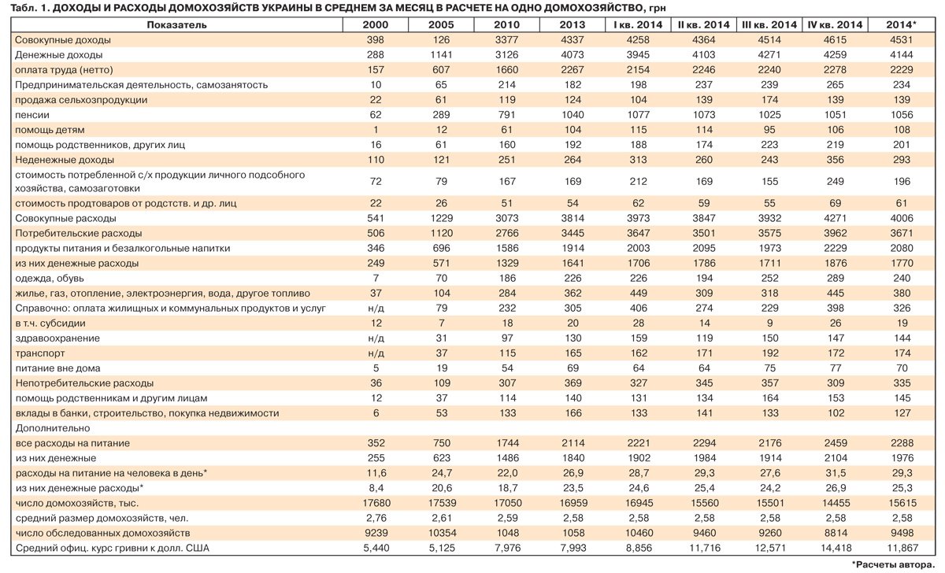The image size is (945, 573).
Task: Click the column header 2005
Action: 441,25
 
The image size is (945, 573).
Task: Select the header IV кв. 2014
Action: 835,25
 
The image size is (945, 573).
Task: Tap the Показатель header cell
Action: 176,25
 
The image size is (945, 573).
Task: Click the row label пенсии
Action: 32,115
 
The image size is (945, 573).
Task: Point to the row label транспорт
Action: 40,353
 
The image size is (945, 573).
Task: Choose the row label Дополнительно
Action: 53,428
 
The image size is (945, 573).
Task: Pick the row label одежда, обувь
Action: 50,279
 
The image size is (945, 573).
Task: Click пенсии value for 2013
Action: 573,115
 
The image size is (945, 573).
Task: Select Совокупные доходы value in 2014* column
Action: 902,40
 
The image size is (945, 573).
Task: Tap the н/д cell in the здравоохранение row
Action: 376,338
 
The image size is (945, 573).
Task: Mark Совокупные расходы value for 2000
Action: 376,218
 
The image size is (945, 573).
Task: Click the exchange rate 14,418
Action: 836,548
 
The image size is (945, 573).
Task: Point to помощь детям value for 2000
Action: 376,130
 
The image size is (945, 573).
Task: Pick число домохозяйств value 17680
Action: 376,503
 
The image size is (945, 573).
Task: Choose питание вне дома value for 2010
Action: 507,368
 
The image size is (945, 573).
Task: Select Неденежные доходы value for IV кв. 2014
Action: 836,160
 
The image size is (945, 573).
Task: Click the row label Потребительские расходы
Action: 79,233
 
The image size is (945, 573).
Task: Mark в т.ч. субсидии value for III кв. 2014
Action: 770,323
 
